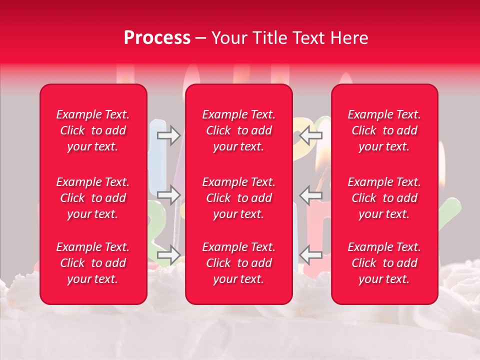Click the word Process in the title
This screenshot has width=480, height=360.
[157, 38]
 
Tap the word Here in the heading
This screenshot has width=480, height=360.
[349, 38]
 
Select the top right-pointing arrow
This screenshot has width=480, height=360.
[168, 135]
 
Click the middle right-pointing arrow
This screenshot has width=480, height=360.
[168, 195]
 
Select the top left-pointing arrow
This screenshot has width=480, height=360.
[311, 135]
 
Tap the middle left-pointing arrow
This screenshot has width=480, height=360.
[311, 195]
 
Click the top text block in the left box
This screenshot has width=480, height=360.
[93, 130]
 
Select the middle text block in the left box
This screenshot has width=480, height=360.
[93, 198]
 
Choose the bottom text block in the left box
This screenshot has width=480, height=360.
[93, 263]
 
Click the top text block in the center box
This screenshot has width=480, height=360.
[239, 130]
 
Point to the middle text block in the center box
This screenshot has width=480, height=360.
[239, 198]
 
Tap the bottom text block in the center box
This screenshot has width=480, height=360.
[239, 263]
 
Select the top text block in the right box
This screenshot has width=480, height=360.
[384, 130]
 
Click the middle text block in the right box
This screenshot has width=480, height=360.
[384, 198]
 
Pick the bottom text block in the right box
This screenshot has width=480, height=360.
[384, 263]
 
